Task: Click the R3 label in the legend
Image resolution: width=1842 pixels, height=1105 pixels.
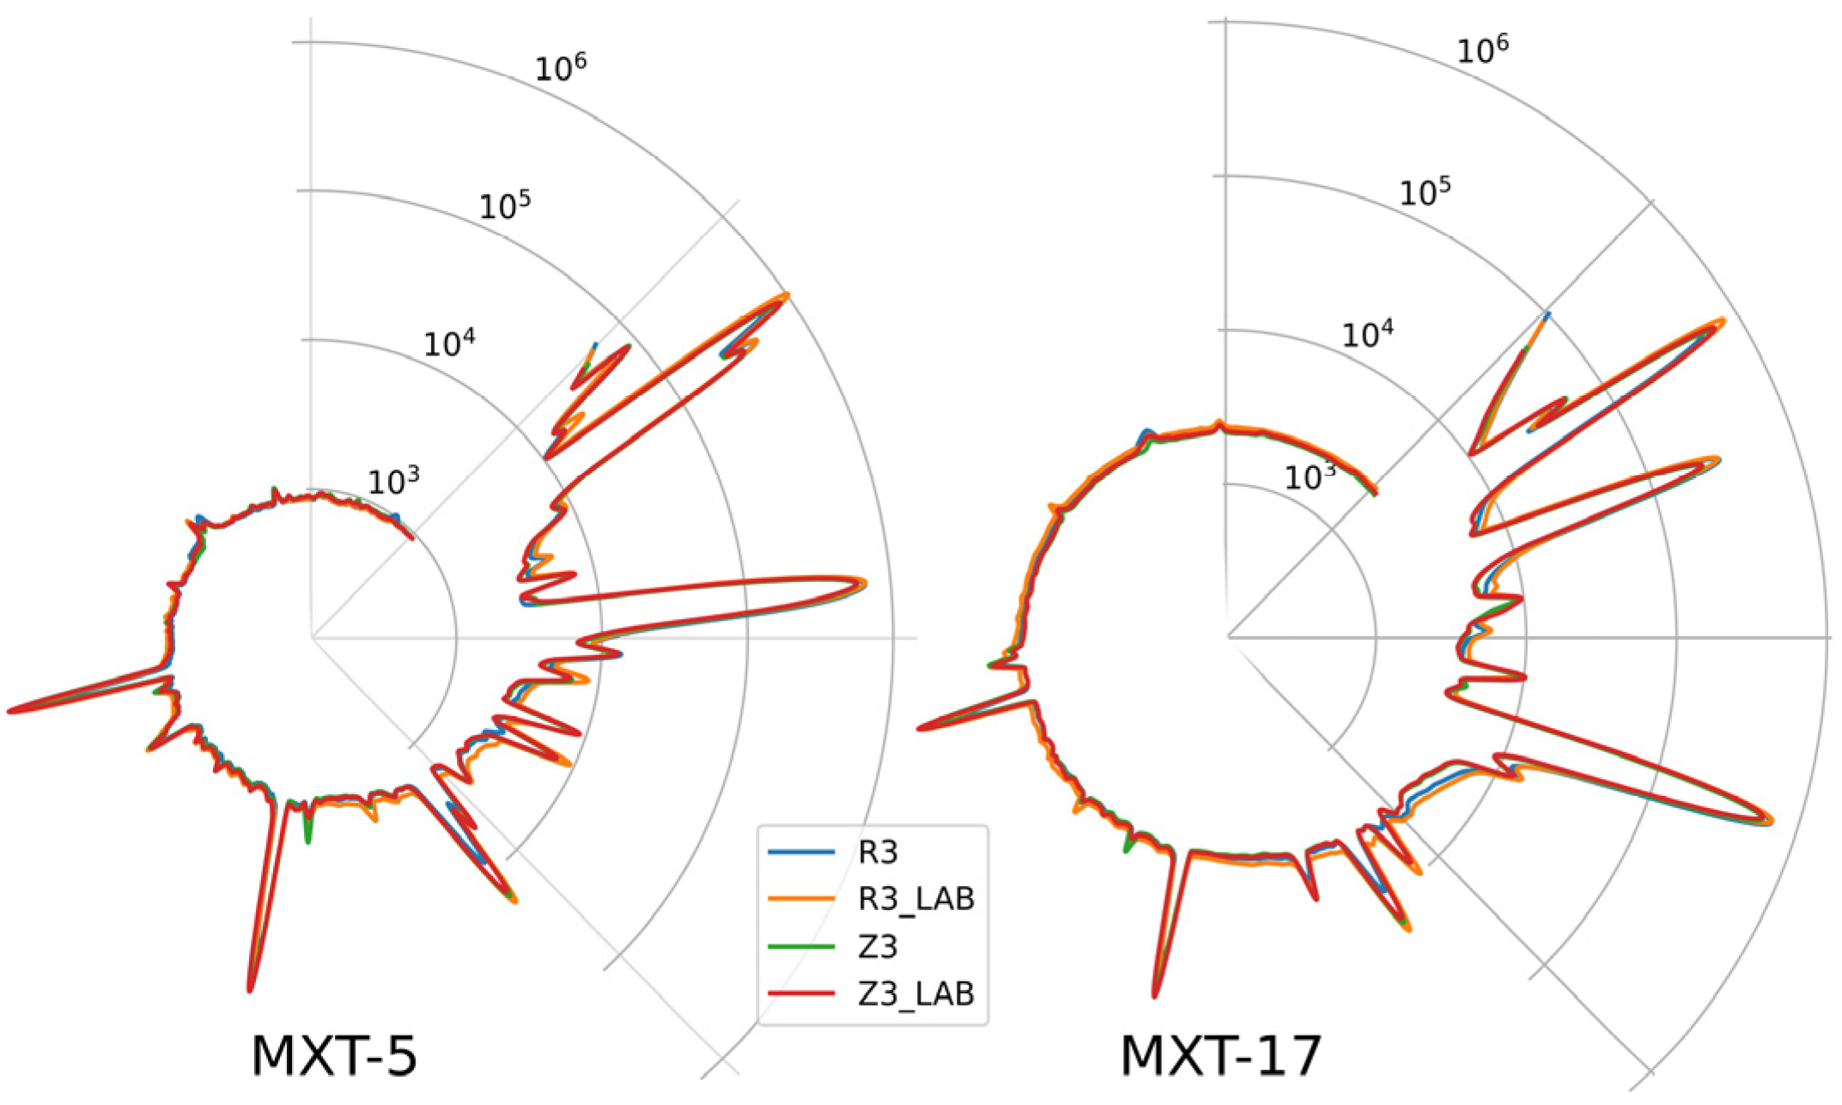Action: [x=878, y=853]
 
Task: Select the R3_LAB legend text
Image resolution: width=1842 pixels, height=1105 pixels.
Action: [x=916, y=899]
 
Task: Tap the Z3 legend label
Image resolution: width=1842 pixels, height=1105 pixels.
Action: [x=878, y=946]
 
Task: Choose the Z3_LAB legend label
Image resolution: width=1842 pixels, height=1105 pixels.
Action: [x=916, y=993]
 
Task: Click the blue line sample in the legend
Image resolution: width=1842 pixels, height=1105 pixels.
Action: [x=801, y=853]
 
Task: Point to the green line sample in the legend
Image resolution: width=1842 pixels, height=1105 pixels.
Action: [x=801, y=946]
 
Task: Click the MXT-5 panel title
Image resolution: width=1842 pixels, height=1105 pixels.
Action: [x=334, y=1056]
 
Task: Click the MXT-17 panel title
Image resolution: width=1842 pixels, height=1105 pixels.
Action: [x=1220, y=1056]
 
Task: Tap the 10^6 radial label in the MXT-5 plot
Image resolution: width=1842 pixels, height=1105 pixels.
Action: [x=561, y=68]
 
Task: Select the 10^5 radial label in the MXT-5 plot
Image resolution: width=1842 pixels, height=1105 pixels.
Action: [x=505, y=206]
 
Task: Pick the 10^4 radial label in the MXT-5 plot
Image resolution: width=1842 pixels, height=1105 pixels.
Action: [x=449, y=343]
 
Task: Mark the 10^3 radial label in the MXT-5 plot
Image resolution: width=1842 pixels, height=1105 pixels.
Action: [x=394, y=482]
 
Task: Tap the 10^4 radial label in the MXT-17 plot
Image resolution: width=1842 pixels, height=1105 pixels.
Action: [x=1368, y=333]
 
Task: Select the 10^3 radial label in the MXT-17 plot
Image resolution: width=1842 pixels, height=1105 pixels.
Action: [x=1310, y=475]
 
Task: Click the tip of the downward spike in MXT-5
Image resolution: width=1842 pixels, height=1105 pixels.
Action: [x=251, y=989]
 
